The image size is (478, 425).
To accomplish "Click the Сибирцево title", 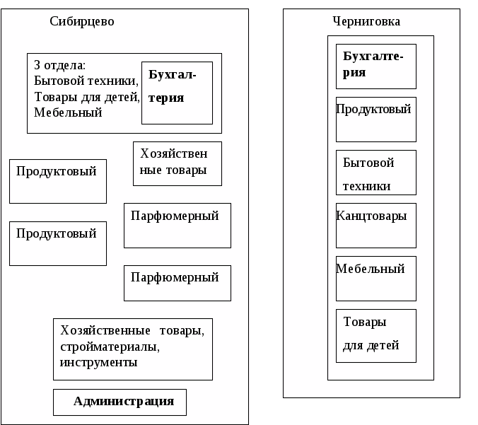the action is tap(82, 21).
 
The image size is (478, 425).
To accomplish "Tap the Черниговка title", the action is tap(366, 21).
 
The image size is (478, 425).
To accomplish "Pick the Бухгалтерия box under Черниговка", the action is tap(375, 66).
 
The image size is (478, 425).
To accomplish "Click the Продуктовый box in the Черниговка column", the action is tap(375, 119).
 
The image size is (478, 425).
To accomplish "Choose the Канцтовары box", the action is tap(375, 225).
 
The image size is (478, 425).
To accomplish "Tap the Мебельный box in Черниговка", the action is tap(375, 278).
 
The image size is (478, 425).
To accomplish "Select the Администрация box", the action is tap(119, 402).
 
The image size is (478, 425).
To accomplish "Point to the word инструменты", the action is tap(99, 363).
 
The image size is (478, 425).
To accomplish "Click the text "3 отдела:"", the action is tap(59, 65).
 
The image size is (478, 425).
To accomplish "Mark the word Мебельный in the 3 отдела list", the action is tap(68, 112).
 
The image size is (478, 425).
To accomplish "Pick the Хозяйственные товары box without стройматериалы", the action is tap(177, 163).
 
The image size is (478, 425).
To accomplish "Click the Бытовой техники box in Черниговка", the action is tap(375, 172).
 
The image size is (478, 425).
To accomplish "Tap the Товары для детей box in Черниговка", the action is tap(375, 334).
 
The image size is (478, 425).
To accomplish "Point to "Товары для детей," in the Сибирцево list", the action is tap(87, 97).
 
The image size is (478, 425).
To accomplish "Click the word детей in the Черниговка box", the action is tap(381, 346).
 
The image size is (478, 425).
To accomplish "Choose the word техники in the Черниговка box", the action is tap(366, 187).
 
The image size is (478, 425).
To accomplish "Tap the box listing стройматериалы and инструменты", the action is tap(133, 349).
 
